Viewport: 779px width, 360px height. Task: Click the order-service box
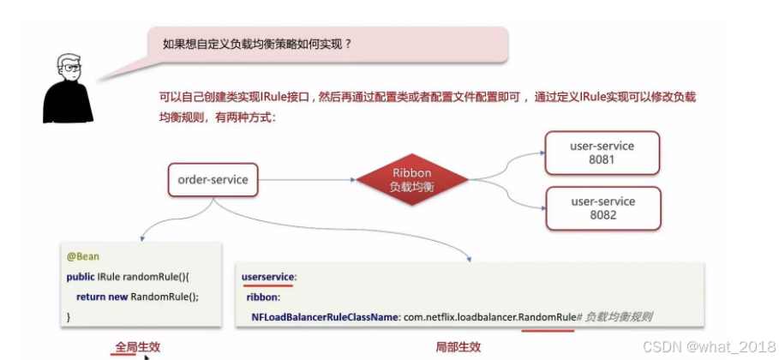(x=213, y=180)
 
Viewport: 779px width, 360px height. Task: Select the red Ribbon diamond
(x=412, y=179)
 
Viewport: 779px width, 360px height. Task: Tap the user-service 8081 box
(x=602, y=153)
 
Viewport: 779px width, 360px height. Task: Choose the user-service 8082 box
(x=602, y=208)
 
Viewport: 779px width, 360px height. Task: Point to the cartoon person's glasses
(x=69, y=68)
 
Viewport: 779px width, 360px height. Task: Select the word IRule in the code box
(x=111, y=277)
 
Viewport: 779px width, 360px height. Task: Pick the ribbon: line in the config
(x=263, y=297)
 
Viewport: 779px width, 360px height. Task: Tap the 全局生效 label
(x=137, y=347)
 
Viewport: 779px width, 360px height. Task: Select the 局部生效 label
(x=458, y=347)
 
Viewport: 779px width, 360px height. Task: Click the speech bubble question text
(x=257, y=43)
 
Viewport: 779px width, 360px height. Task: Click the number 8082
(x=602, y=215)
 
